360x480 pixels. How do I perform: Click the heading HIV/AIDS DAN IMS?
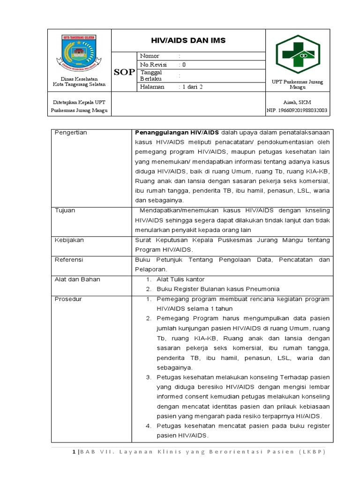click(x=188, y=41)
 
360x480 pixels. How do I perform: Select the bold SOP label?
click(x=124, y=72)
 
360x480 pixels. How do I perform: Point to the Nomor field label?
click(x=150, y=56)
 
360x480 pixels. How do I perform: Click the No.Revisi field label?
click(x=153, y=64)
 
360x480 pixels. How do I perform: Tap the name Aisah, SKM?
click(x=297, y=102)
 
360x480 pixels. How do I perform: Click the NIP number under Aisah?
click(x=297, y=111)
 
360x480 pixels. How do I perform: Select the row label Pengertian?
click(x=71, y=133)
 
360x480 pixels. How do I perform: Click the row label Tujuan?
click(x=65, y=210)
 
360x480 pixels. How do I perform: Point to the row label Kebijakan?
click(x=69, y=240)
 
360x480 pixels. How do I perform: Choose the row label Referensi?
click(x=69, y=259)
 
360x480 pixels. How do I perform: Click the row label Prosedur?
click(x=68, y=299)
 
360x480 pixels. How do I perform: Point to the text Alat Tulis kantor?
click(x=180, y=279)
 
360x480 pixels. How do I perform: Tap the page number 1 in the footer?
click(x=74, y=451)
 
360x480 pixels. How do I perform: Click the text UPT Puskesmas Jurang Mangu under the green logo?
click(x=297, y=84)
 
